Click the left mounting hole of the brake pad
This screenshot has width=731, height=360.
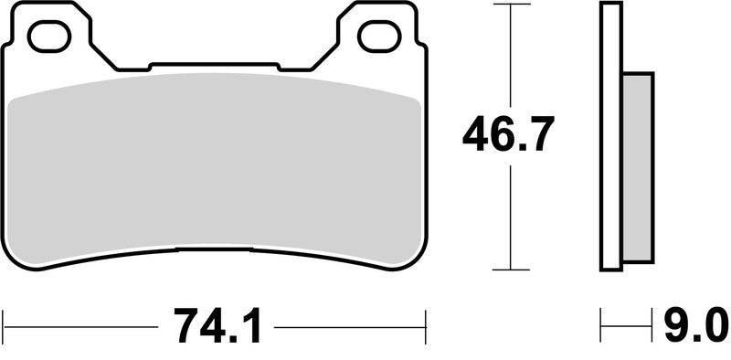coord(49,37)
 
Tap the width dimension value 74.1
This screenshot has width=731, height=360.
coord(217,324)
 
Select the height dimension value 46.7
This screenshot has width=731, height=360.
coord(508,137)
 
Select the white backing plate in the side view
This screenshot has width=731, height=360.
coord(610,137)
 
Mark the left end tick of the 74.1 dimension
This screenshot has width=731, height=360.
coord(5,322)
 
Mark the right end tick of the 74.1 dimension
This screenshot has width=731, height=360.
coord(426,322)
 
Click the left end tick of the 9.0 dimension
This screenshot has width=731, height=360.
coord(602,322)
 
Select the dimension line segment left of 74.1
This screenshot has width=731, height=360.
coord(82,323)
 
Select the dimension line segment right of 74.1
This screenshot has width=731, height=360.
coord(352,323)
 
